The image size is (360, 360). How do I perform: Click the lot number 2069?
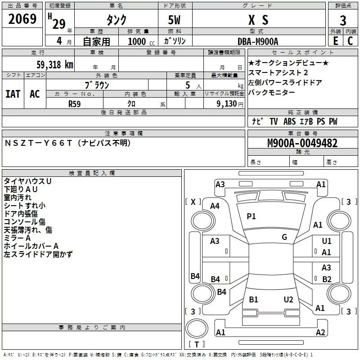tap(22, 19)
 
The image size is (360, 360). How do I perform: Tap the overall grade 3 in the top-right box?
tap(343, 20)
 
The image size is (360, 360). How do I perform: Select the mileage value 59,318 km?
tap(55, 65)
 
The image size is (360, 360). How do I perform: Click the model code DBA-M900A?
tap(258, 41)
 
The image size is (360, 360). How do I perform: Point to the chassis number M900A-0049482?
tap(302, 143)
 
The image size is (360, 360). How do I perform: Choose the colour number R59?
tap(74, 104)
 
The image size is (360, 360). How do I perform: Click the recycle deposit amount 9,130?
tap(227, 104)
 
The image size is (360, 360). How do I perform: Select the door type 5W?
tap(174, 20)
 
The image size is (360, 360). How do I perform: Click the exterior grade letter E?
tap(336, 41)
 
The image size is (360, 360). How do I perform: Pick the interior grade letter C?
tap(350, 41)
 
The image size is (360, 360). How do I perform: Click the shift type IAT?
tap(13, 94)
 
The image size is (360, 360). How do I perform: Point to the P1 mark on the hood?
tap(251, 216)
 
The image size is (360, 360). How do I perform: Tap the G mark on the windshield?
tap(284, 237)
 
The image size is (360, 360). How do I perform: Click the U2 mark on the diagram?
tap(288, 300)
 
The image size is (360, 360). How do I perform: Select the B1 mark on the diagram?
tap(253, 300)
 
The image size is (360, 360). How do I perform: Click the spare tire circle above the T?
tap(197, 328)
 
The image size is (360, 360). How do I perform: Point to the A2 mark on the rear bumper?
tap(320, 332)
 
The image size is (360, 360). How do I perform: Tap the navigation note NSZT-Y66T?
tap(39, 143)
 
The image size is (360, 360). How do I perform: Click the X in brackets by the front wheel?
tap(193, 202)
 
